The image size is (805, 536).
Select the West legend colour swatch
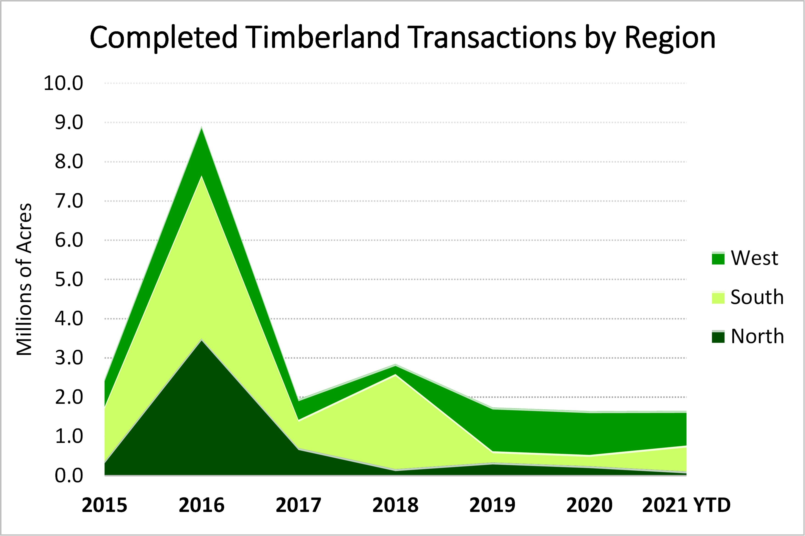pyautogui.click(x=718, y=258)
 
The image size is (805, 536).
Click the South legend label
pyautogui.click(x=757, y=297)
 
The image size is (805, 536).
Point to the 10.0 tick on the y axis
pyautogui.click(x=63, y=83)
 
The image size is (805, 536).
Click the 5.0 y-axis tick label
pyautogui.click(x=69, y=280)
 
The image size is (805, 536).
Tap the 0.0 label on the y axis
pyautogui.click(x=69, y=476)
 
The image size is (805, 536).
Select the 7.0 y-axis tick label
pyautogui.click(x=69, y=201)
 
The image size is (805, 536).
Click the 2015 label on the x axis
pyautogui.click(x=105, y=505)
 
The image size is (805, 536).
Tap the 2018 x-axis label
pyautogui.click(x=395, y=505)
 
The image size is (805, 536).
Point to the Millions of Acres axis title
pyautogui.click(x=25, y=279)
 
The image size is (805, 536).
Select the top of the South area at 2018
pyautogui.click(x=395, y=375)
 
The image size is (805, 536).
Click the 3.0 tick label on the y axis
pyautogui.click(x=69, y=358)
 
